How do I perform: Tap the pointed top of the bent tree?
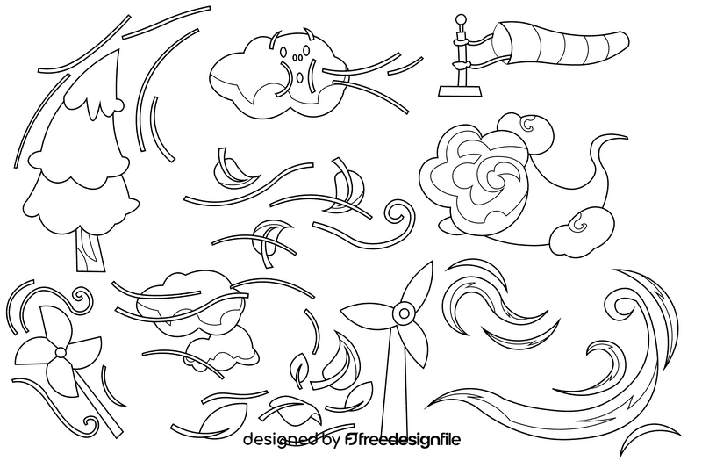(114, 54)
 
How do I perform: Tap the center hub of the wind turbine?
(403, 312)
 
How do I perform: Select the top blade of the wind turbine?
(417, 281)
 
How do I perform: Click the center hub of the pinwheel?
(60, 352)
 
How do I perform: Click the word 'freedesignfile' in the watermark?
(412, 438)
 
